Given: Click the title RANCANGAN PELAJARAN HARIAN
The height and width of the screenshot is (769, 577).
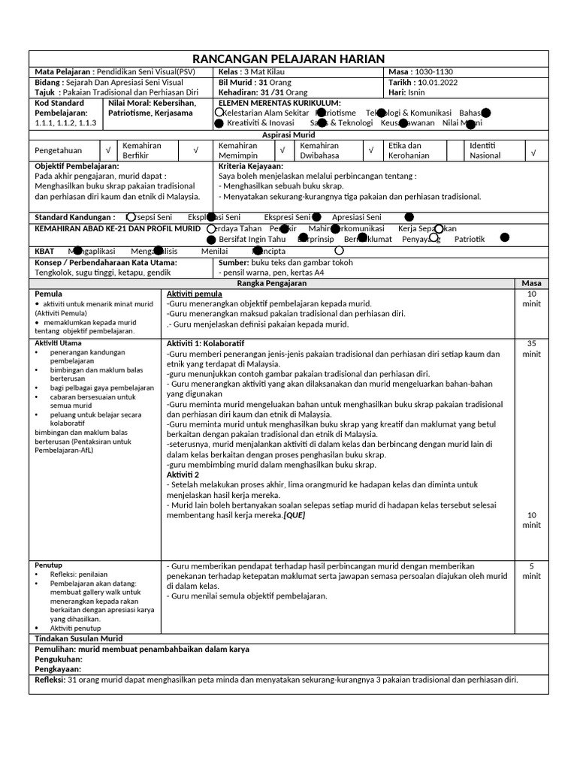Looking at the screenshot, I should click(288, 59).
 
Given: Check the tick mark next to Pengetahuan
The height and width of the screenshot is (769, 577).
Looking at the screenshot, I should click(107, 150).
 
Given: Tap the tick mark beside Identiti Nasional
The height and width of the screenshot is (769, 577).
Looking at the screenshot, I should click(533, 151).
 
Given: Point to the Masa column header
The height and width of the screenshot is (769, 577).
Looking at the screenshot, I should click(531, 282).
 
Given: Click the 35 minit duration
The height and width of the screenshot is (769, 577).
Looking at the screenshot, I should click(531, 348).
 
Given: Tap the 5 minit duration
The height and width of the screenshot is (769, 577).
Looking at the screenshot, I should click(531, 571).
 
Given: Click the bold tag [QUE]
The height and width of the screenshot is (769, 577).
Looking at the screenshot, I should click(295, 516).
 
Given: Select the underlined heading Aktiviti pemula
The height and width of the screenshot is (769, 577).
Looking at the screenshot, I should click(194, 293).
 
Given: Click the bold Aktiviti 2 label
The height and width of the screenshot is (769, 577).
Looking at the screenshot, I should click(183, 475).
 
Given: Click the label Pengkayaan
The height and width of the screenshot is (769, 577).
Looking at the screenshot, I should click(58, 669).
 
